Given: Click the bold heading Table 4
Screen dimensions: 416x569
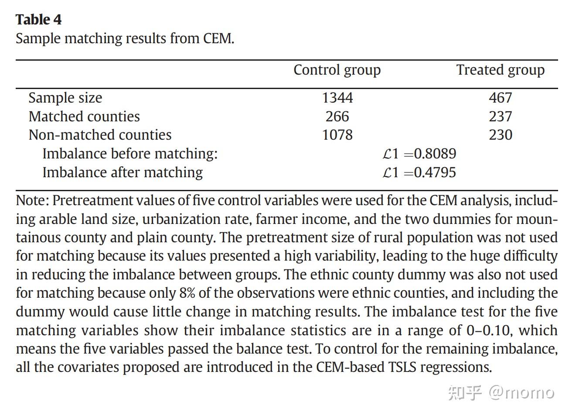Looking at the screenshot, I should [38, 20].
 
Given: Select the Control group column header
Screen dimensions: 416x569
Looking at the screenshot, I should [337, 70].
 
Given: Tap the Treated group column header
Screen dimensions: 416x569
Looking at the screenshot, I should [500, 70].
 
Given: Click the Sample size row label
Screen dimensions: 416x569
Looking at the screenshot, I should [65, 98].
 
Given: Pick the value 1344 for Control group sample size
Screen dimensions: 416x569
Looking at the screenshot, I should [337, 98].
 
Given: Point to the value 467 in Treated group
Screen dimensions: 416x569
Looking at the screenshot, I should [500, 98].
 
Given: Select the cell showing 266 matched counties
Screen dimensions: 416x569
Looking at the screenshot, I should [337, 117].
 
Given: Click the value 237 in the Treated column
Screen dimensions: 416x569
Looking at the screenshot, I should [500, 117].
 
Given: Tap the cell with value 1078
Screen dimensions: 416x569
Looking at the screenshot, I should [337, 135].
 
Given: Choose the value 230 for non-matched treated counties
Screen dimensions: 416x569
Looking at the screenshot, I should [500, 135].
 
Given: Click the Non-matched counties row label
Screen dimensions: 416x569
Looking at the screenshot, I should [100, 135].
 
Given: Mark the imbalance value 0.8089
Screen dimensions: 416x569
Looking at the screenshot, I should [435, 154].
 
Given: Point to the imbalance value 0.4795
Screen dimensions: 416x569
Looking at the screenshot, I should [435, 172].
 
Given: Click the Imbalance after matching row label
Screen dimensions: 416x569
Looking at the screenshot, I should [123, 172].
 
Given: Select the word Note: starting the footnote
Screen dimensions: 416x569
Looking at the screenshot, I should [33, 201].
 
